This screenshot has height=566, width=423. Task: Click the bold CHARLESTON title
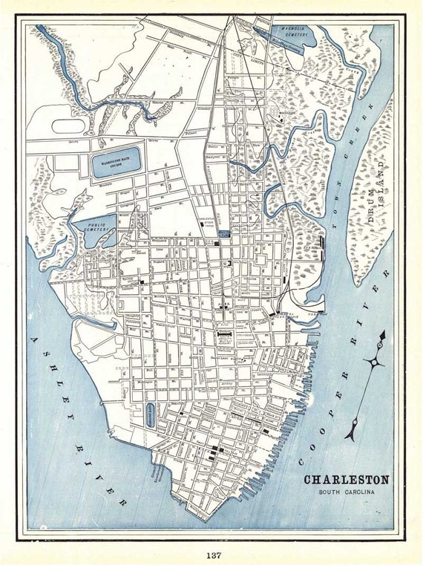(346, 480)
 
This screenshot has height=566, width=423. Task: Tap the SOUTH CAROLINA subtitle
(347, 492)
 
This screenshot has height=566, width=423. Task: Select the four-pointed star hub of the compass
(373, 362)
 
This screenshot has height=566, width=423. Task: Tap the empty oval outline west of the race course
(68, 126)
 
